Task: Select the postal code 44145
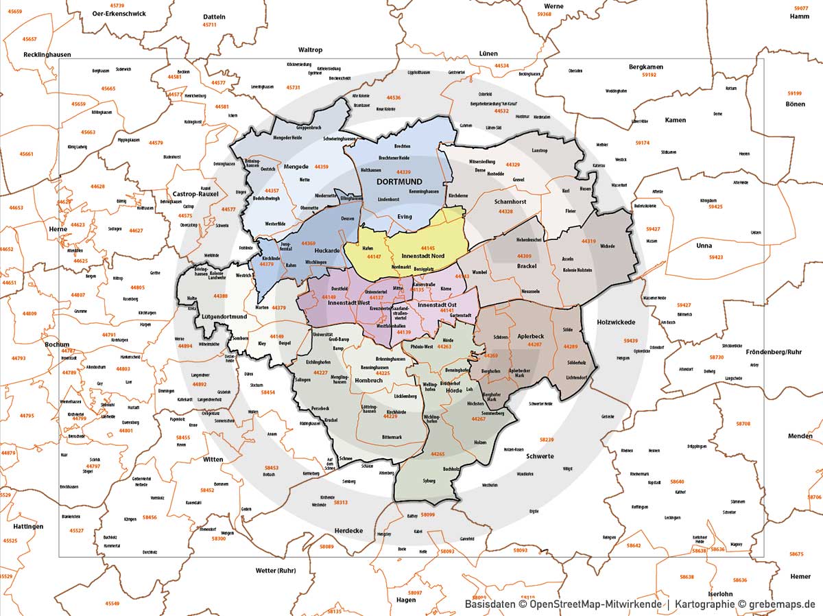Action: tap(428, 248)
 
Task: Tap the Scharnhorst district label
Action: tap(510, 202)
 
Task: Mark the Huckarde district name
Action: tap(327, 250)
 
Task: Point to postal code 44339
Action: tap(403, 171)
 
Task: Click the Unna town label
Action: tap(703, 246)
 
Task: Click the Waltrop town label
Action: tap(310, 50)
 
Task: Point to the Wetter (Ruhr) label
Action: tap(276, 571)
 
